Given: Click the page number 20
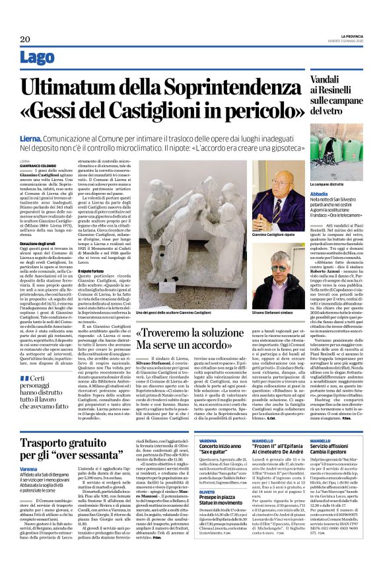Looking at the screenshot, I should click(x=24, y=39).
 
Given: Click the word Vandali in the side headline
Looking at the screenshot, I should click(x=312, y=79).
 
